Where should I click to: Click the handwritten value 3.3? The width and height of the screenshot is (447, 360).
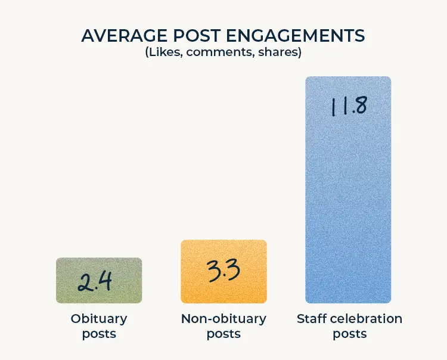224,271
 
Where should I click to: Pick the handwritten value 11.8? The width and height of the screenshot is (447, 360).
348,105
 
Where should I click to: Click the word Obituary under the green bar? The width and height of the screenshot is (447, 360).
99,319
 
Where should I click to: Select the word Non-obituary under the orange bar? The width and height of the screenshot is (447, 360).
223,319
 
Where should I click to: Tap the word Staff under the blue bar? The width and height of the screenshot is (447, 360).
312,319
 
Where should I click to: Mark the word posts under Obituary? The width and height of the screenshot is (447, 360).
99,334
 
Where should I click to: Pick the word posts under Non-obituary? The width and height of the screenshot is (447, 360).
223,334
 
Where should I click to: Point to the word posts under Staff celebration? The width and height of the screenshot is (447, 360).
349,334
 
